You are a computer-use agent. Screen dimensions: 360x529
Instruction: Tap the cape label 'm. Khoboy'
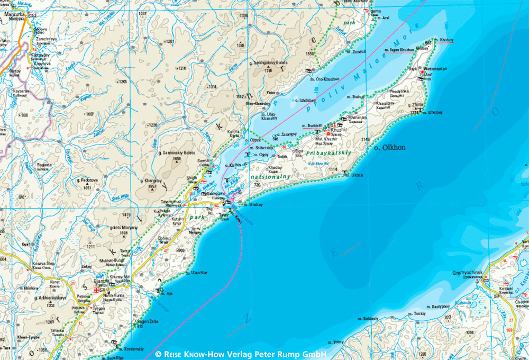pyautogui.click(x=443, y=40)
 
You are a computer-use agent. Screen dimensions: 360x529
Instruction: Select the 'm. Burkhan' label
pyautogui.click(x=312, y=125)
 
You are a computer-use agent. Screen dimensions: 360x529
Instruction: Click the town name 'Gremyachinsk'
pyautogui.click(x=468, y=273)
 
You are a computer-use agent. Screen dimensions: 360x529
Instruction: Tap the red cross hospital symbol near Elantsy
pyautogui.click(x=96, y=290)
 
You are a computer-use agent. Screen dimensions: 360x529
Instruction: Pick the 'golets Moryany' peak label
pyautogui.click(x=124, y=227)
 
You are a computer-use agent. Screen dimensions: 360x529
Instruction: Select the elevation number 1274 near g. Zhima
pyautogui.click(x=415, y=113)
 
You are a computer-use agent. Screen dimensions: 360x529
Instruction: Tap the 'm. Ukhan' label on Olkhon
pyautogui.click(x=355, y=174)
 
